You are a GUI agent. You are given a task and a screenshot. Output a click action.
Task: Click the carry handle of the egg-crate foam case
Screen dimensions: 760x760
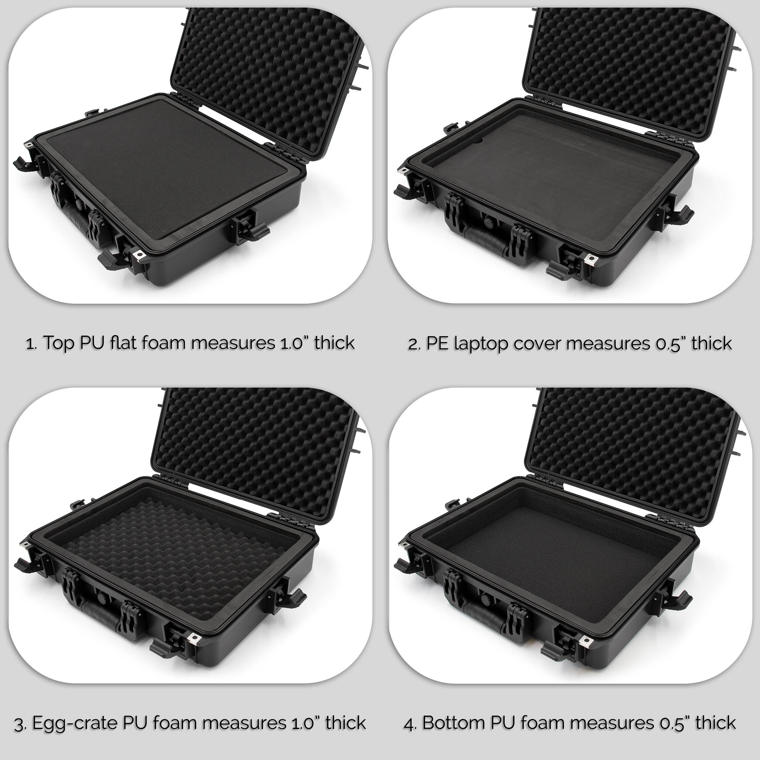pos(100,614)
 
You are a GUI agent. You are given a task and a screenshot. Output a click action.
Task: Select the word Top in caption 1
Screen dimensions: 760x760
pos(59,343)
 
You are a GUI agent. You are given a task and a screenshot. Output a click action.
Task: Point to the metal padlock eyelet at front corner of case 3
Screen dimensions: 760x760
pos(194,637)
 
